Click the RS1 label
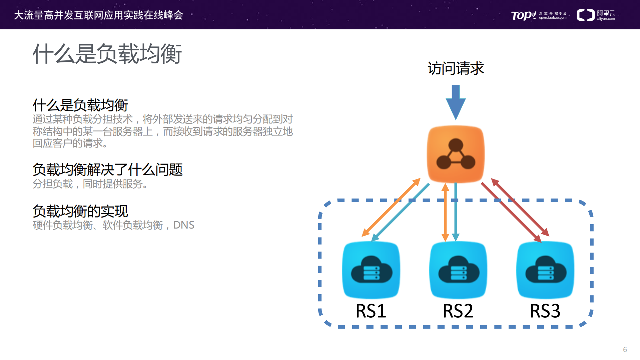pos(371,311)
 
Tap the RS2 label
pos(458,311)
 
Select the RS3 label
pos(545,311)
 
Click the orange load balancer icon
pos(456,154)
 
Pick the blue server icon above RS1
pos(371,270)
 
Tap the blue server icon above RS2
pos(458,270)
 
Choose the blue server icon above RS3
pos(545,270)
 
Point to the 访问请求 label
pos(456,68)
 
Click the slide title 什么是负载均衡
pos(107,54)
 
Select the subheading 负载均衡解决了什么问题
pos(107,169)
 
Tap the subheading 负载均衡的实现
pos(80,211)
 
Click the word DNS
pos(184,225)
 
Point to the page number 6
pos(625,349)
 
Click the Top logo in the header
pos(524,15)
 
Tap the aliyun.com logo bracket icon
pos(586,15)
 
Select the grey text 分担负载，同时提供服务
pos(90,184)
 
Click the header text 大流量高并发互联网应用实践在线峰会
pos(98,15)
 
